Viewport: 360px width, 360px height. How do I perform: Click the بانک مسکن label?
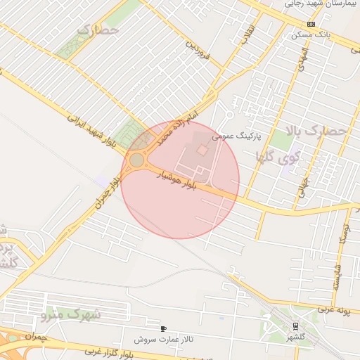314,33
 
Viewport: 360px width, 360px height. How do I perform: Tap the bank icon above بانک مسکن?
311,23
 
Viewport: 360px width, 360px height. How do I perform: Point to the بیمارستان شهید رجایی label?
322,4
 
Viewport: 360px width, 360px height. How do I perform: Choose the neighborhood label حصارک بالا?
317,131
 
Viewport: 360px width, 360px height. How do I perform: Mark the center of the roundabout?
136,160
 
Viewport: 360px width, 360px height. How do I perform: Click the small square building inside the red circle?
202,150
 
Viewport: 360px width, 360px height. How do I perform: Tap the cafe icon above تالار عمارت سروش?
164,328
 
